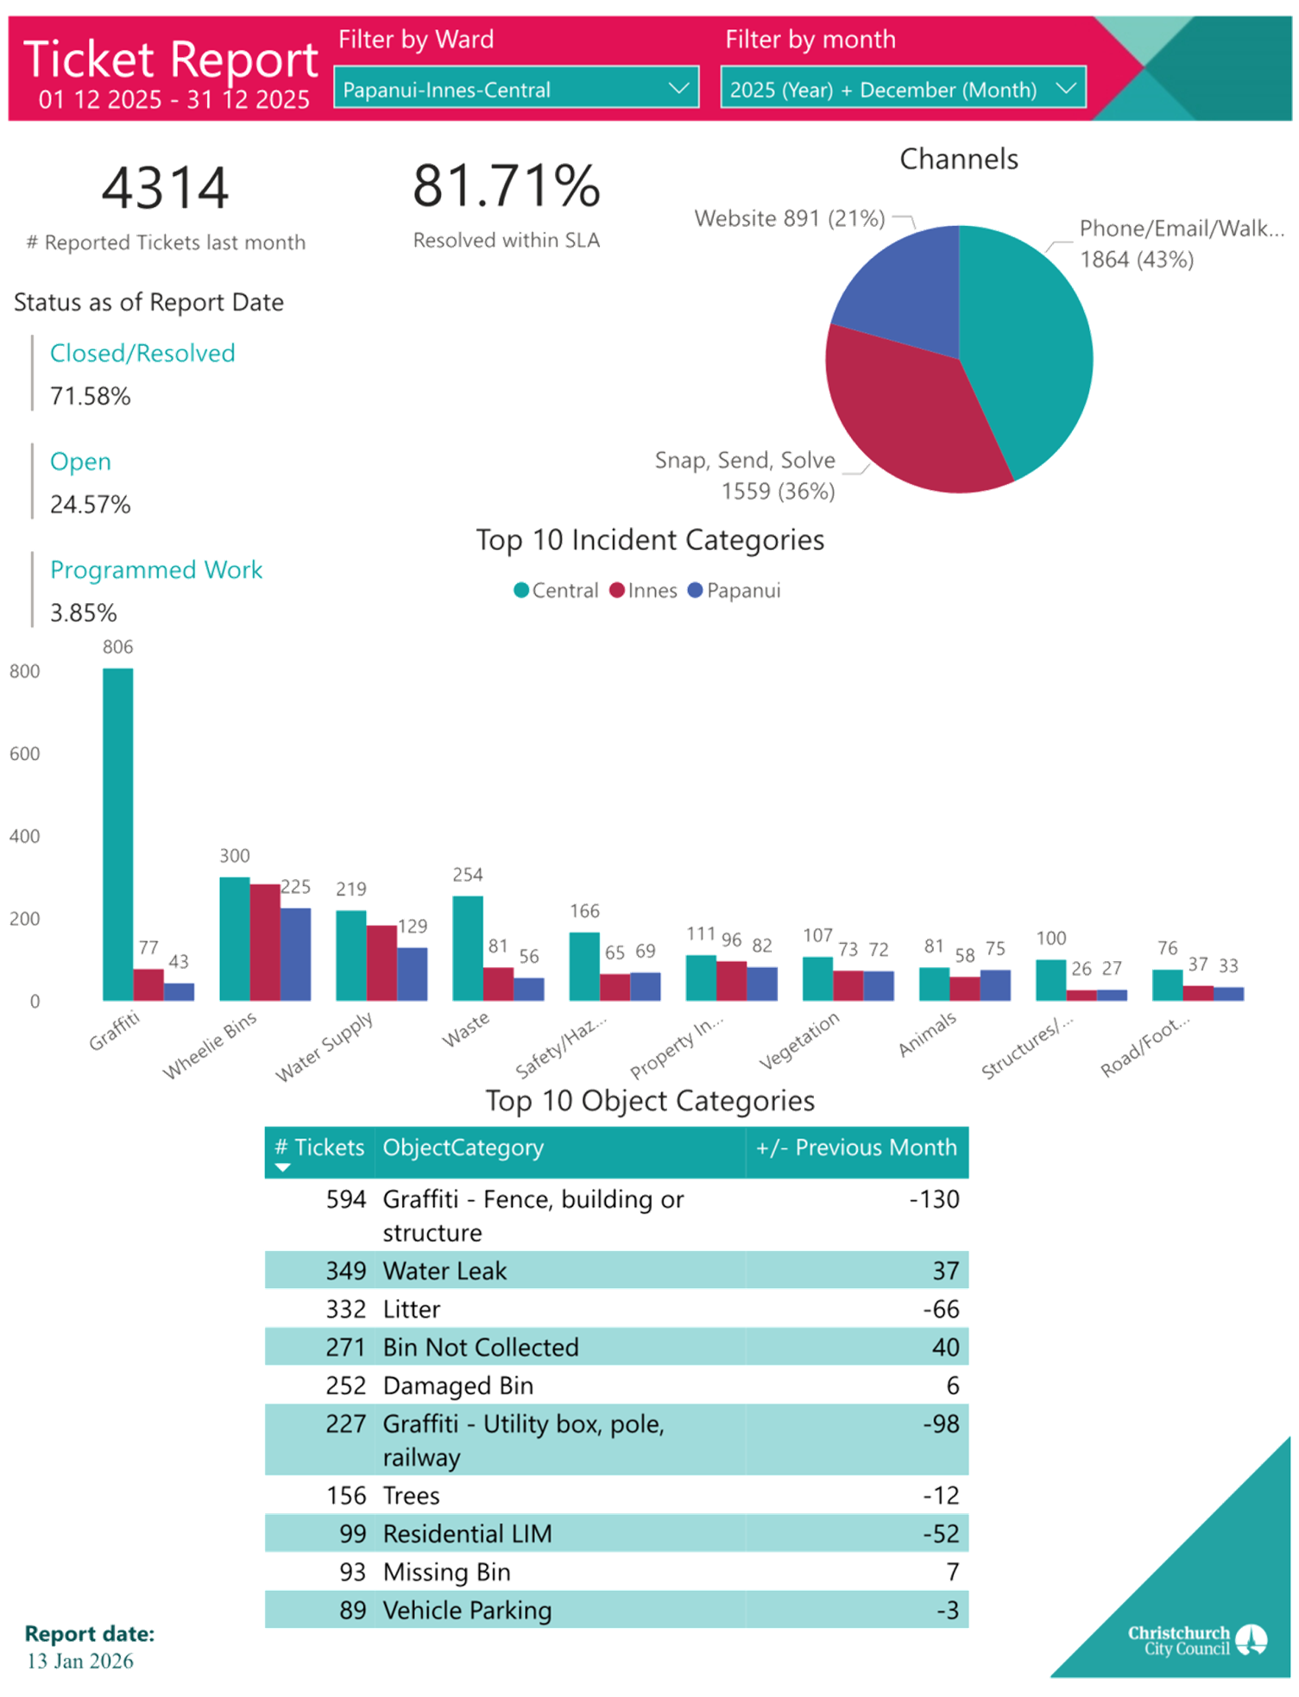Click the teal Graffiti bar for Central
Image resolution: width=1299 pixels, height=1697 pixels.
click(117, 833)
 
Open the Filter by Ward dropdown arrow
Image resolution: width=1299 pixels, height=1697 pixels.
click(679, 88)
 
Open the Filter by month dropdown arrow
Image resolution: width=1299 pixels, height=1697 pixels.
click(1066, 88)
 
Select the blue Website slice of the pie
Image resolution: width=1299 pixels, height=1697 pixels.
click(906, 285)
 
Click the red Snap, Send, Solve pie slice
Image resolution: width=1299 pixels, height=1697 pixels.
click(915, 414)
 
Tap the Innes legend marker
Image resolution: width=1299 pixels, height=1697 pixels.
click(616, 590)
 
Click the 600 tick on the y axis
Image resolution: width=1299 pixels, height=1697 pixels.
click(24, 754)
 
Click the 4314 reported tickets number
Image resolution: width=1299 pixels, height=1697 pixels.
click(165, 187)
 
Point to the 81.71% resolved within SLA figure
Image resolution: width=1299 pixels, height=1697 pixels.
click(506, 185)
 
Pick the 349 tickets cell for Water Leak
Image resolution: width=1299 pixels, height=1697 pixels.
click(345, 1271)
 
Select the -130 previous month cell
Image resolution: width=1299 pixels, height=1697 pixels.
click(934, 1200)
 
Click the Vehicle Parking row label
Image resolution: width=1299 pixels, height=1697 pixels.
click(467, 1611)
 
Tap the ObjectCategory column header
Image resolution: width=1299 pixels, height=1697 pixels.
click(463, 1147)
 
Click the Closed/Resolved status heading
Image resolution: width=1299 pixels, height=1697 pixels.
click(142, 353)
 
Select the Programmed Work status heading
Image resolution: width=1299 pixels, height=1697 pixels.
click(156, 570)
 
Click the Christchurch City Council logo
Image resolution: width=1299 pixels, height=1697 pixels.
click(1196, 1640)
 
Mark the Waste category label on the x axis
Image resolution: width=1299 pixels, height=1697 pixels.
click(465, 1029)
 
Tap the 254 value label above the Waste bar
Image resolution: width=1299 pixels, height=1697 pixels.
click(468, 875)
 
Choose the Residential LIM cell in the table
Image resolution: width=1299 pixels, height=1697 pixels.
click(467, 1534)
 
